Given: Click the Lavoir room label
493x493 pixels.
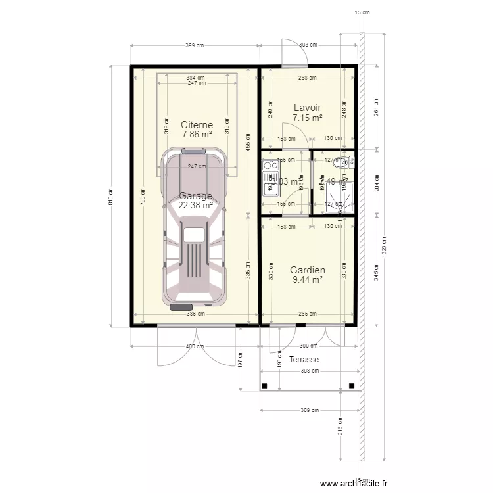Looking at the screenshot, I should [307, 107].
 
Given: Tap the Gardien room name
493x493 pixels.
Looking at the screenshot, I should [307, 270].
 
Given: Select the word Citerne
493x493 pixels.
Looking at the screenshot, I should [197, 124].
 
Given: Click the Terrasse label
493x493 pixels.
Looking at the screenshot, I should [304, 360].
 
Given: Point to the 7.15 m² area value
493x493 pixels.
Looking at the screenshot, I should [307, 118].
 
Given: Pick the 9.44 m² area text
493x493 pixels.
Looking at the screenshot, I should [307, 279].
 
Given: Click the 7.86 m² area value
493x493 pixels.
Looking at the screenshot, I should [197, 134].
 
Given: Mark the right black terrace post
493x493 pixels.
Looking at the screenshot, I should [353, 386].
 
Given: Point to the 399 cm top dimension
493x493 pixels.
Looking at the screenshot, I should [195, 45].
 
